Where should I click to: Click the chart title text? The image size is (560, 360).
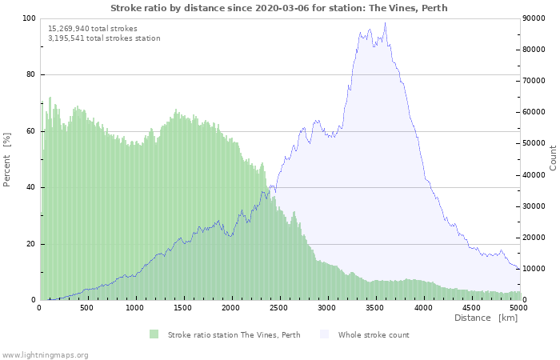point(279,8)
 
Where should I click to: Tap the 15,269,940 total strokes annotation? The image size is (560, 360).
point(93,28)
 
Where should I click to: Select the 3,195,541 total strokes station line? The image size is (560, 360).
point(104,38)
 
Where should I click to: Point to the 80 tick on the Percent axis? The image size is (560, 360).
point(31,74)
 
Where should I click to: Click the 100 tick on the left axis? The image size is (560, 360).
point(29,18)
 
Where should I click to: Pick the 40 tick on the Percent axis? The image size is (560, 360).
point(31,187)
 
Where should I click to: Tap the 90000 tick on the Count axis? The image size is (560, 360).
point(535,18)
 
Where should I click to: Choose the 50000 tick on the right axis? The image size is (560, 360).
point(535,143)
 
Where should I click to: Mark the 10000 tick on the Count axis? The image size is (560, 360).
point(535,269)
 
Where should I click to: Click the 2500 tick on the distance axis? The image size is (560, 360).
point(279,307)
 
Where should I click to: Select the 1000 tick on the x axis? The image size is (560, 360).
point(135,307)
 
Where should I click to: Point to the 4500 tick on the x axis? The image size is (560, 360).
point(471,307)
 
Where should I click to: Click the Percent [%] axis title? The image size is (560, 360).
point(7,159)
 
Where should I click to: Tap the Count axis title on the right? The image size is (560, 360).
point(553,158)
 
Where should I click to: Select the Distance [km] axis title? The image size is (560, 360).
point(486,318)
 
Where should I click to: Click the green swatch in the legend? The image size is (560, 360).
point(154,334)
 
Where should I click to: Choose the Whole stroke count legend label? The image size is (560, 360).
point(374,334)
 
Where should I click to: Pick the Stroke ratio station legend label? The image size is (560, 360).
point(234,334)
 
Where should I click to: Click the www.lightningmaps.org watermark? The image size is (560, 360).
point(45,354)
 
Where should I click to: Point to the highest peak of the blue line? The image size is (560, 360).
point(385,23)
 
